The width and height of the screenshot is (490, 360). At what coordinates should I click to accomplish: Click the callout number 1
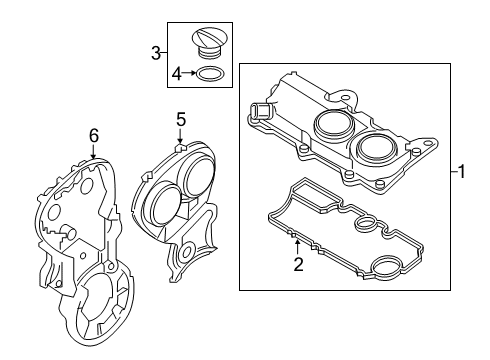click(462, 172)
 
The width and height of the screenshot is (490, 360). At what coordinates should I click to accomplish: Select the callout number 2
click(297, 264)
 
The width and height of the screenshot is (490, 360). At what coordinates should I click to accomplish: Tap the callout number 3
click(156, 52)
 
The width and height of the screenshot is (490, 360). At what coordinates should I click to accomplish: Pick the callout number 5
click(181, 119)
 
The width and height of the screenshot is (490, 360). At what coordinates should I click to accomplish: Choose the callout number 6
click(93, 135)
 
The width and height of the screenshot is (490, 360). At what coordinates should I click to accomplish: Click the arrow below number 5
click(181, 139)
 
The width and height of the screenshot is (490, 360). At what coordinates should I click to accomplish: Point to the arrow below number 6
click(93, 153)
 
